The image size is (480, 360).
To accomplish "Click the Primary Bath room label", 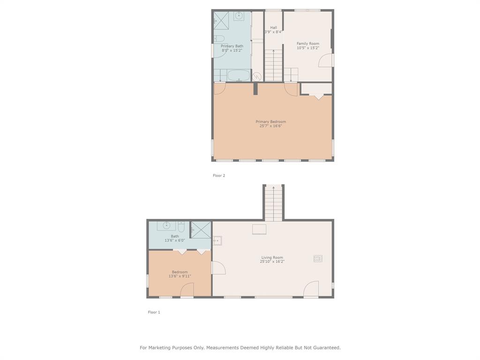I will [232, 46].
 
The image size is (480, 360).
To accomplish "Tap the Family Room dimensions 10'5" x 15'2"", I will [308, 48].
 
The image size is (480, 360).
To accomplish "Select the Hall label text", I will [273, 28].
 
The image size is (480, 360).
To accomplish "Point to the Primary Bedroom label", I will [270, 122].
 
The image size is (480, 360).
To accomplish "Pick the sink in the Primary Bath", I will [239, 16].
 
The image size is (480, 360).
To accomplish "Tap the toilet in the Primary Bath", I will [219, 38].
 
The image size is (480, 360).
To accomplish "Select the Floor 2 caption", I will [219, 176].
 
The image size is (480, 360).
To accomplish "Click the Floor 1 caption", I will [154, 312].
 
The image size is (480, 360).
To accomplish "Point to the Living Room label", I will [272, 257].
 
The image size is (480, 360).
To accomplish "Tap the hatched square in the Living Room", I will [318, 258].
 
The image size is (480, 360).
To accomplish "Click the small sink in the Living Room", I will [217, 241].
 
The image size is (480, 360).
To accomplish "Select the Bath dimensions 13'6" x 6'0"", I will [175, 240].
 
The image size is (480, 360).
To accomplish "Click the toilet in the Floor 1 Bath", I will [181, 227].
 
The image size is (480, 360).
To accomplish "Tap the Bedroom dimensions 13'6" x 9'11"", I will [180, 276].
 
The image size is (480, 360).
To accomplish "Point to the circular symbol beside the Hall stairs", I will [257, 76].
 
